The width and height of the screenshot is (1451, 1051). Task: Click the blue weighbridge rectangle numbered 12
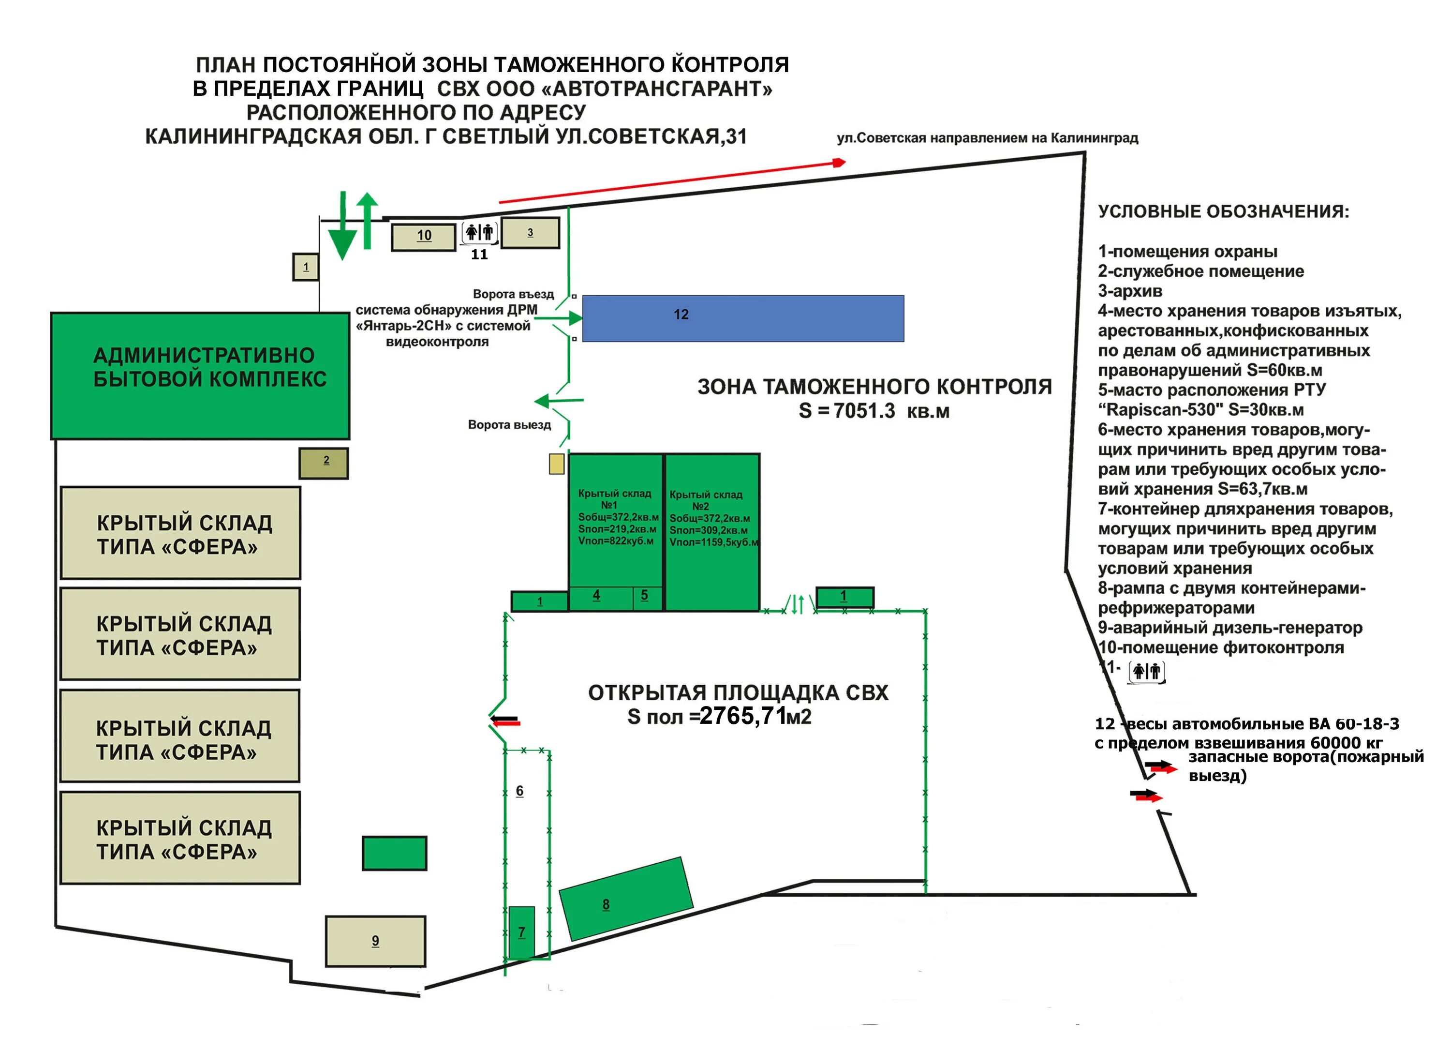coord(742,318)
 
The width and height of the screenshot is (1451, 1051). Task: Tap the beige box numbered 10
coord(424,236)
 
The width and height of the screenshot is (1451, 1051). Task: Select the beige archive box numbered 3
coord(530,233)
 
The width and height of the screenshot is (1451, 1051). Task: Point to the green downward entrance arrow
coord(343,230)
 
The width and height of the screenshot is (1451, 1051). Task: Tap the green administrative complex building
coord(200,375)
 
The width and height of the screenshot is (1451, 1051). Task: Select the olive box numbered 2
coord(324,463)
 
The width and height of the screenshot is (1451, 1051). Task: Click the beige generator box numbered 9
coord(375,940)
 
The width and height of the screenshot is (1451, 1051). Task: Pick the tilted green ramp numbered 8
coord(626,899)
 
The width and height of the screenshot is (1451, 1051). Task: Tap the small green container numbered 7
coord(521,932)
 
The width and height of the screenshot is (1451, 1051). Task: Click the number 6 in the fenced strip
coord(519,791)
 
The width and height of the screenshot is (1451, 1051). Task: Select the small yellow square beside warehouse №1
coord(557,464)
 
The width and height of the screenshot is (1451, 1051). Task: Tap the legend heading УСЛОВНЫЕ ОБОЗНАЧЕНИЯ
coord(1223,212)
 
